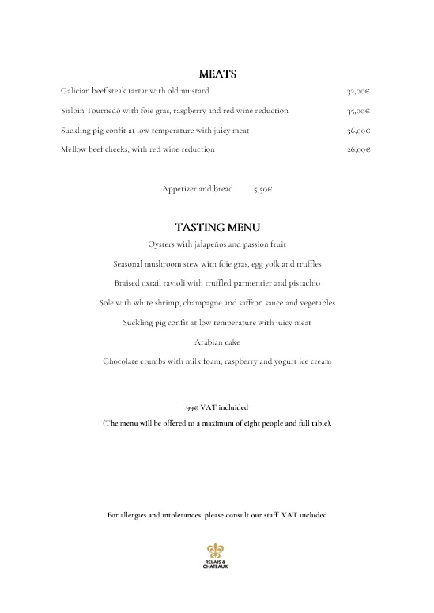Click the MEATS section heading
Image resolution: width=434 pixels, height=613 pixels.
click(x=217, y=74)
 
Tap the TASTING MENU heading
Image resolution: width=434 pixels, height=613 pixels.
click(x=217, y=228)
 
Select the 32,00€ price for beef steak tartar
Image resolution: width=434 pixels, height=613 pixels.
click(x=359, y=92)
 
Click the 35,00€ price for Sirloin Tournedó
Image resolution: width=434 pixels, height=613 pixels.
click(x=359, y=111)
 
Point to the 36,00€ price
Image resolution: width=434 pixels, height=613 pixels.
click(x=359, y=131)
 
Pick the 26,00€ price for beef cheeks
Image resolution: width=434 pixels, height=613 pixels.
click(x=359, y=149)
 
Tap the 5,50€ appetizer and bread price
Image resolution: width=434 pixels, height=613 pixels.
click(x=263, y=190)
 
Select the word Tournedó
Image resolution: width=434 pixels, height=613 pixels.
click(x=103, y=111)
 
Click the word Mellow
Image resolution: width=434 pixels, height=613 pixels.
click(x=74, y=149)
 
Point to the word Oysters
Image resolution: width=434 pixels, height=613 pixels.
click(x=162, y=244)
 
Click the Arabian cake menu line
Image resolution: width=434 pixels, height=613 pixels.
click(x=217, y=342)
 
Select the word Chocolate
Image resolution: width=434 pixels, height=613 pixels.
click(x=120, y=361)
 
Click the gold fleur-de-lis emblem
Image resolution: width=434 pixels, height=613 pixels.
click(x=217, y=550)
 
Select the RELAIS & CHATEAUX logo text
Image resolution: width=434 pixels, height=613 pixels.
click(x=217, y=564)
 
